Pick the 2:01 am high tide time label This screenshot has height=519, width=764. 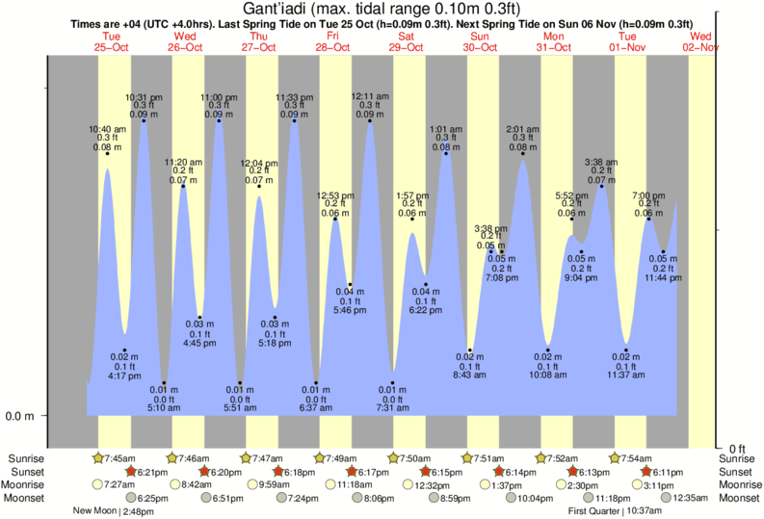(x=523, y=128)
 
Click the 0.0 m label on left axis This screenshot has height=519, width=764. (x=21, y=417)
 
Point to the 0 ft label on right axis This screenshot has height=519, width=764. (x=738, y=449)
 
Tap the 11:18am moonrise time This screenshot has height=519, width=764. (x=353, y=485)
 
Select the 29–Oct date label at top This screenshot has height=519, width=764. (x=407, y=46)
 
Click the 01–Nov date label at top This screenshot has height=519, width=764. (x=628, y=46)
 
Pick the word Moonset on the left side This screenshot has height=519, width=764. (x=26, y=498)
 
